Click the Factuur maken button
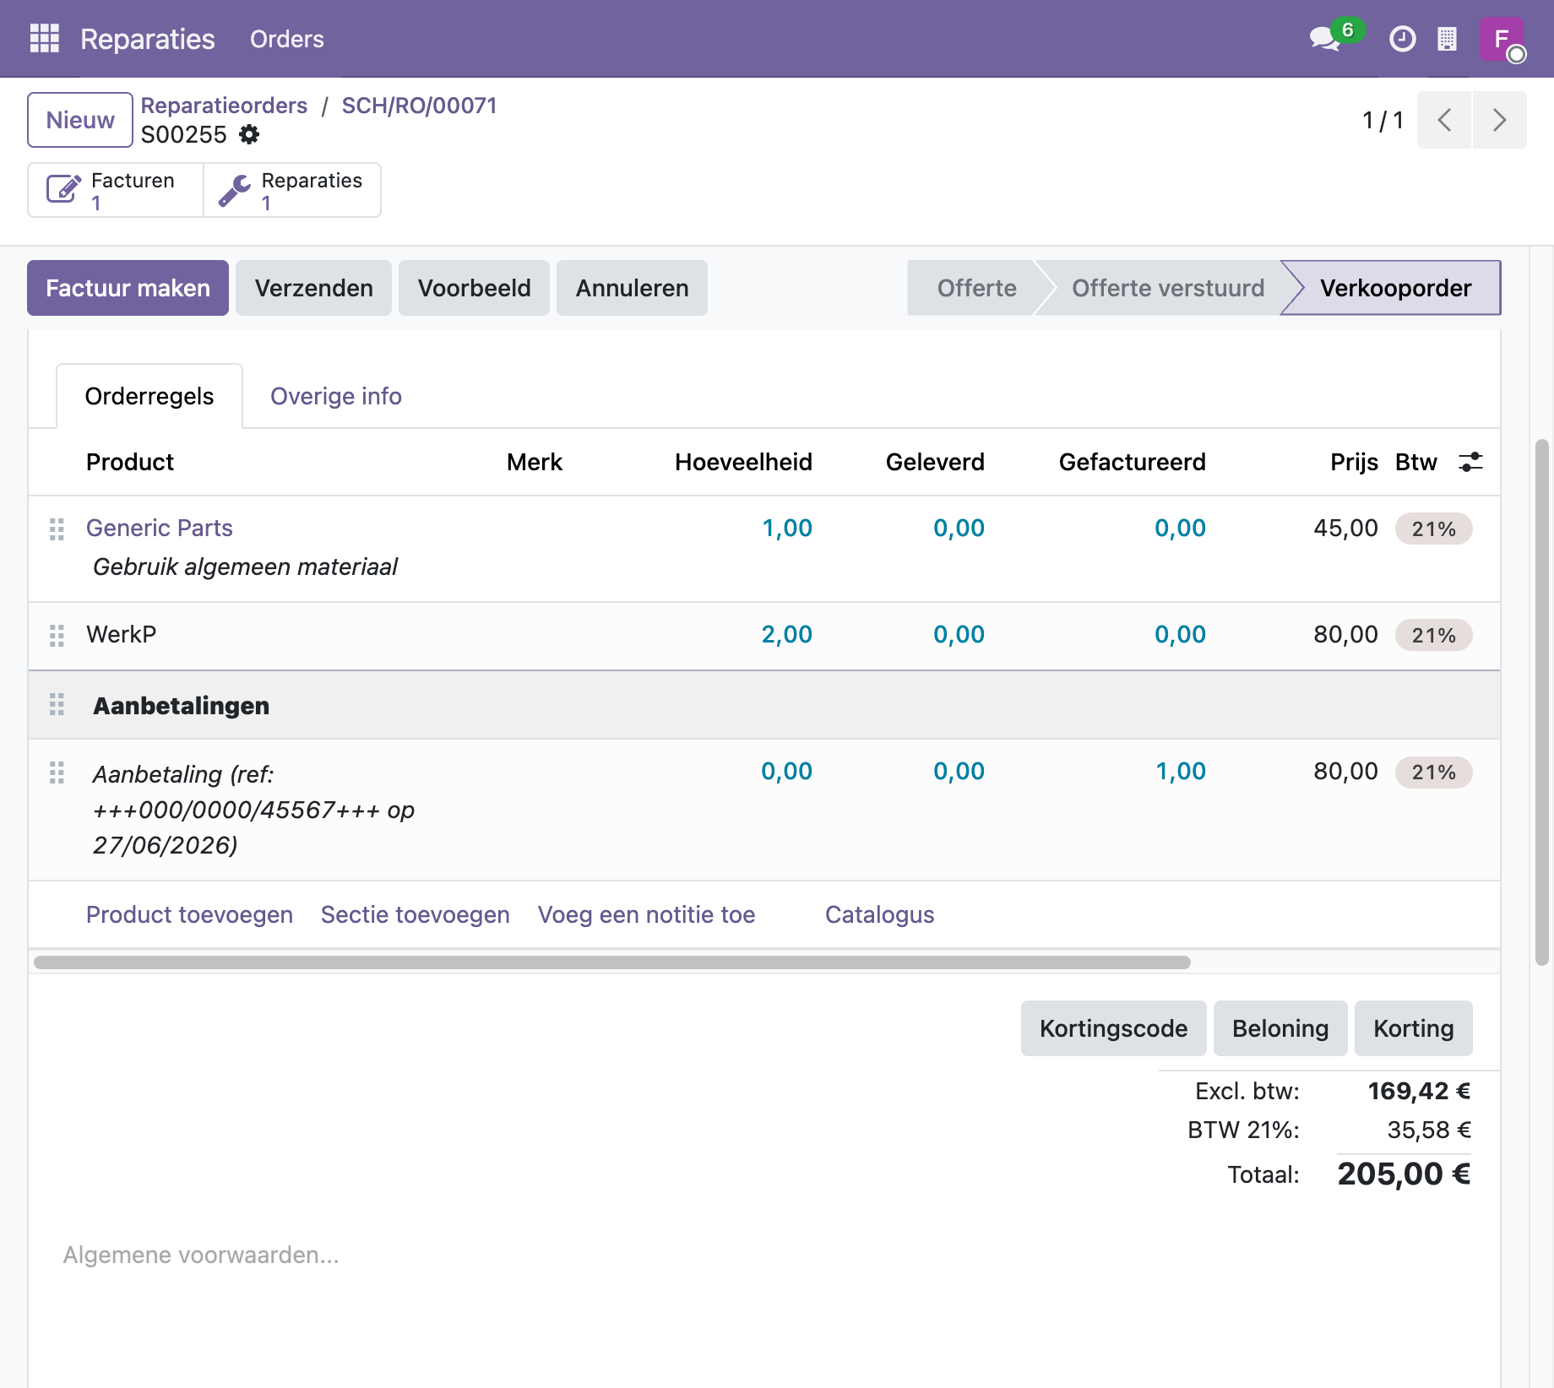[128, 288]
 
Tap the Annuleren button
[632, 288]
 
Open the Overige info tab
[335, 396]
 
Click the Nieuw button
[80, 120]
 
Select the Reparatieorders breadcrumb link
[224, 106]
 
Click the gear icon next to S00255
[249, 134]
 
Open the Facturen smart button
[116, 190]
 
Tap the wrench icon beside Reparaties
[234, 190]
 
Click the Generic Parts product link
[160, 528]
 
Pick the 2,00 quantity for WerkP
[786, 634]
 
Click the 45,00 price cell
[1345, 528]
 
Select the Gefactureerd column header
[1132, 462]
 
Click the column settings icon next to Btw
[1470, 462]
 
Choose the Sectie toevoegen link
[415, 914]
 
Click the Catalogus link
[879, 914]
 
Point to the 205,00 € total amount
[1404, 1174]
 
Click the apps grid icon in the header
[45, 38]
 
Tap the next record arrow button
[1499, 120]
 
